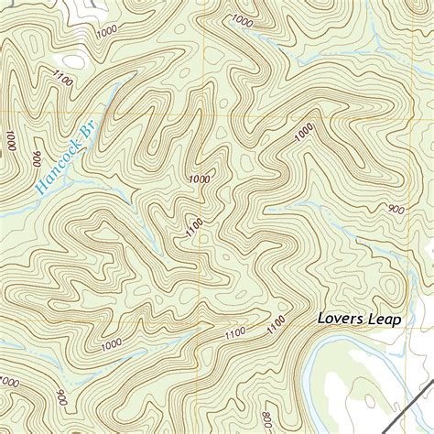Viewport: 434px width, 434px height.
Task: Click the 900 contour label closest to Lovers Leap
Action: [x=396, y=210]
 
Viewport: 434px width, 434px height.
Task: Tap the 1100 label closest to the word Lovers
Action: [x=275, y=325]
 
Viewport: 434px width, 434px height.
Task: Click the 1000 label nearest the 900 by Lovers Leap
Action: [x=305, y=136]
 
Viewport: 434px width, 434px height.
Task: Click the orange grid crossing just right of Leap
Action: [x=418, y=326]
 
